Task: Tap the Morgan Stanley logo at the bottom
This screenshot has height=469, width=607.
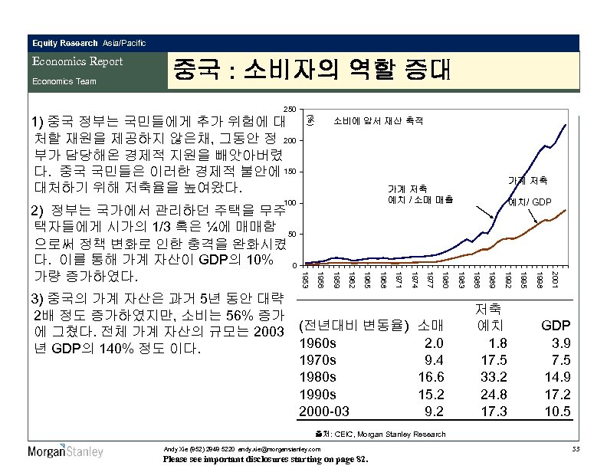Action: point(66,451)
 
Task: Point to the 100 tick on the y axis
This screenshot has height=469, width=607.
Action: point(290,203)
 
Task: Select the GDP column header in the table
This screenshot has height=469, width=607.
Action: point(556,326)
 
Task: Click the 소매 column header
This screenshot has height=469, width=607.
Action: point(432,326)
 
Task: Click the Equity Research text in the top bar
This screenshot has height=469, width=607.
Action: point(65,42)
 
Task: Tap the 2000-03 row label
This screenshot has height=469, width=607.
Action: point(323,411)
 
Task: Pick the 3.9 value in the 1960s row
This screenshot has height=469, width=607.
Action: point(560,343)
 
